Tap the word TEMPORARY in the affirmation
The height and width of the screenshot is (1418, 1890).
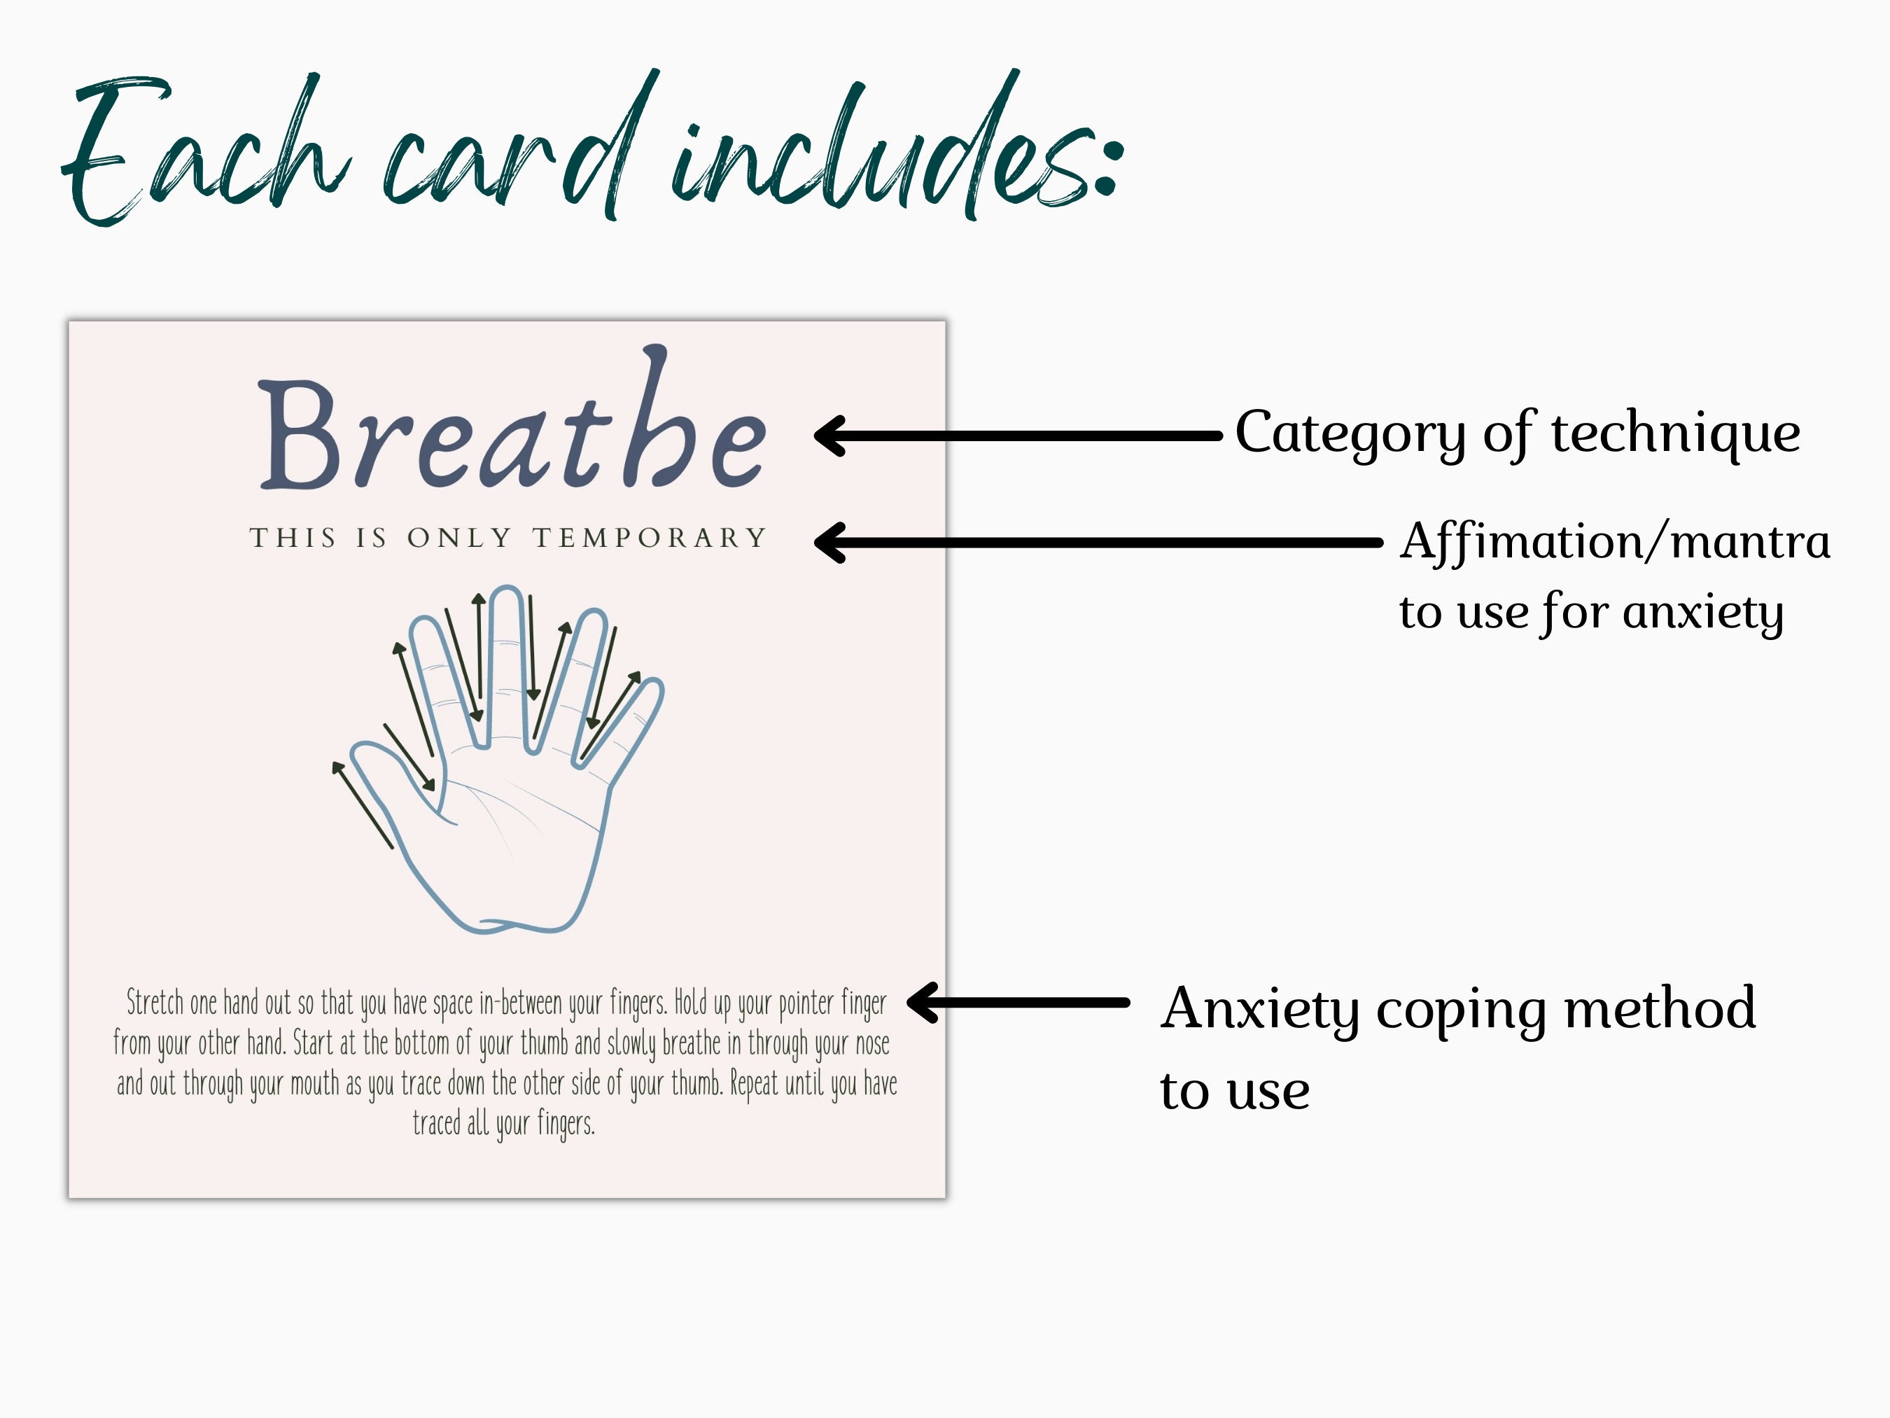tap(650, 538)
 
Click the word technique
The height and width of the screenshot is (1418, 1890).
tap(1674, 433)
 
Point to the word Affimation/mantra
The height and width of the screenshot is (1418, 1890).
tap(1615, 542)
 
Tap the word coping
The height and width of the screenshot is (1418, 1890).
tap(1460, 1010)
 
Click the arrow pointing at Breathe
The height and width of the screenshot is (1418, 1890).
tap(1017, 436)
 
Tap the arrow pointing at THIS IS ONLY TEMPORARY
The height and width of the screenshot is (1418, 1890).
tap(1098, 543)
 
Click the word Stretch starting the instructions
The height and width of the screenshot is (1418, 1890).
tap(155, 1003)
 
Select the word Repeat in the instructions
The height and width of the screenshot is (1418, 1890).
tap(755, 1084)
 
